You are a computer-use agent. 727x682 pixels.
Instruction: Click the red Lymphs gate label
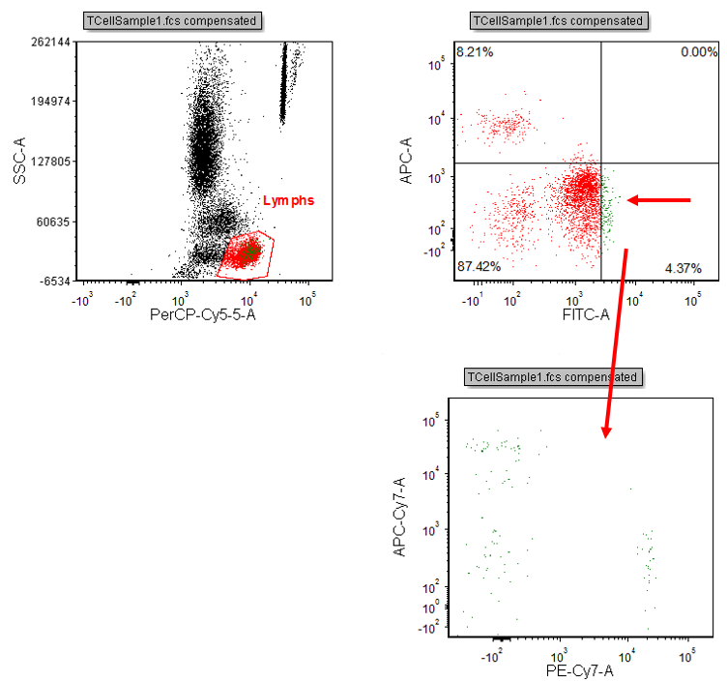click(289, 200)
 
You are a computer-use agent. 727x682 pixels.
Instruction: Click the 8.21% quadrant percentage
click(475, 52)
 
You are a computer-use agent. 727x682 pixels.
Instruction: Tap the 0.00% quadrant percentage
click(698, 52)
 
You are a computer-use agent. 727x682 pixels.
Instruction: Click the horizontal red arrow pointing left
click(659, 200)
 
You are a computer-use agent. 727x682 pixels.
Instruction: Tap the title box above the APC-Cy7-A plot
click(552, 376)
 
